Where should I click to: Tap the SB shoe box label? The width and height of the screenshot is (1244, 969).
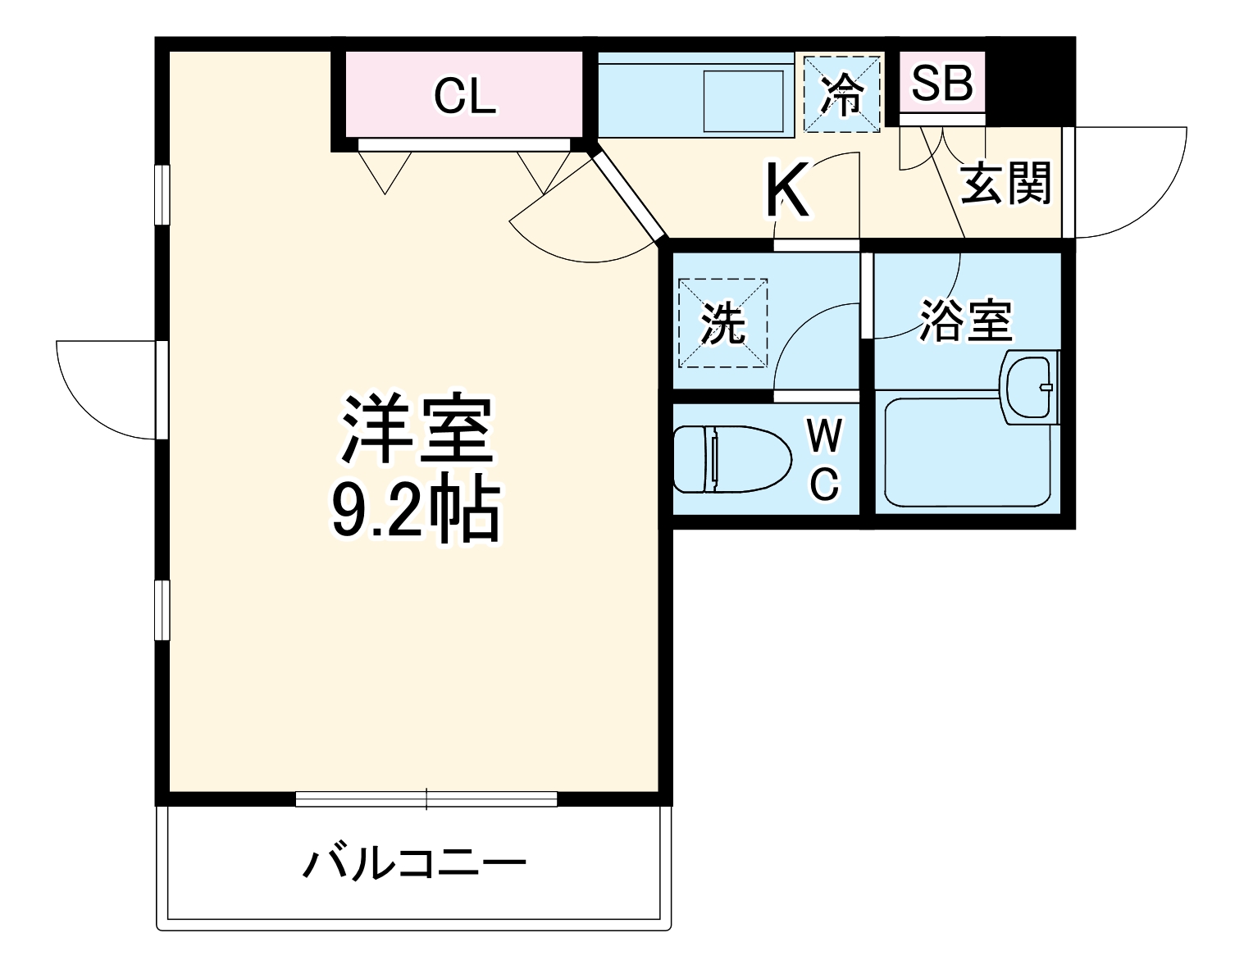[x=942, y=83]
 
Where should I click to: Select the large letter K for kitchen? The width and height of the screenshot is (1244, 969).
[x=786, y=192]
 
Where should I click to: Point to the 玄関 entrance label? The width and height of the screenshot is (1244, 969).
[x=1005, y=184]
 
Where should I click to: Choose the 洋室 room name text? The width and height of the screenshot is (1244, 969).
[x=417, y=430]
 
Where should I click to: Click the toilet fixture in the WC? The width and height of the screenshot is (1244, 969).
[x=729, y=459]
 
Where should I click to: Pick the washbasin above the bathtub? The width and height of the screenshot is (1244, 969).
[x=1030, y=387]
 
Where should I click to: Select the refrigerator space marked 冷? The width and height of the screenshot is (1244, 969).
[x=842, y=94]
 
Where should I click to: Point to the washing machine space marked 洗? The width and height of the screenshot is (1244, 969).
[x=723, y=323]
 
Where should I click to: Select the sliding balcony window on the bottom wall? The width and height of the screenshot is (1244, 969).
[x=426, y=798]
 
